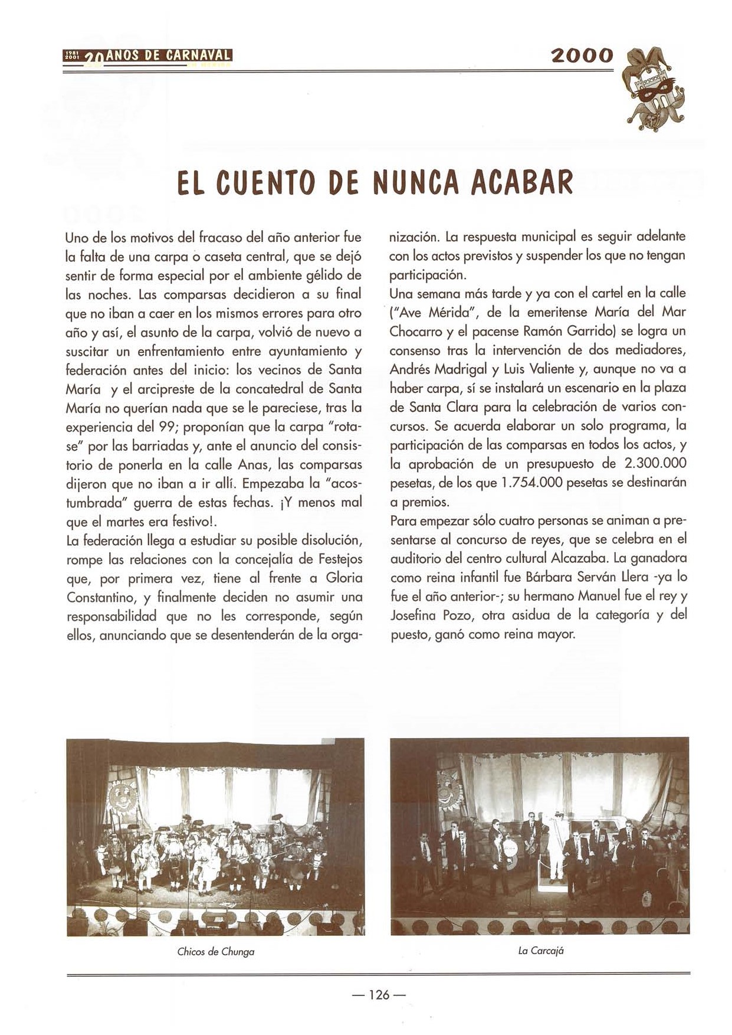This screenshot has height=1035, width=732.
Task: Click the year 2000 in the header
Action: [582, 55]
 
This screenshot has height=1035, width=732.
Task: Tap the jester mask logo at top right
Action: [652, 89]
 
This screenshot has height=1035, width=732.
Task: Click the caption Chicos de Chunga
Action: [215, 952]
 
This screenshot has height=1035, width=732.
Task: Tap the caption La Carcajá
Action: [540, 951]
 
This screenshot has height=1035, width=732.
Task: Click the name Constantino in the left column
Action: [101, 597]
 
